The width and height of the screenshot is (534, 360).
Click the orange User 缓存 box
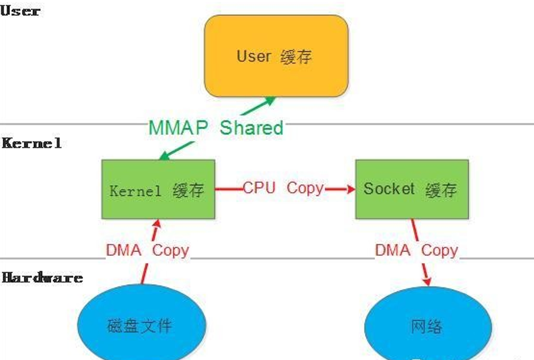click(x=276, y=56)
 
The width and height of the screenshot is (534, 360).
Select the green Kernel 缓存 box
click(x=158, y=190)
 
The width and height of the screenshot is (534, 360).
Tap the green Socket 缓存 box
click(x=412, y=190)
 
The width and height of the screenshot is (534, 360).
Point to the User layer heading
click(x=20, y=11)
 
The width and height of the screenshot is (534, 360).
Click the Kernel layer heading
click(x=32, y=143)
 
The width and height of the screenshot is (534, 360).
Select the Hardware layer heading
click(x=42, y=277)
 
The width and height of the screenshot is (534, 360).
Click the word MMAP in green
click(x=178, y=128)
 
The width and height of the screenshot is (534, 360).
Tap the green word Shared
click(x=252, y=128)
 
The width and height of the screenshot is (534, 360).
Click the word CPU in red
click(x=259, y=188)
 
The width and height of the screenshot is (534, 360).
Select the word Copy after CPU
click(x=305, y=188)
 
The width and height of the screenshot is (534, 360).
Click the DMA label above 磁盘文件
click(x=124, y=250)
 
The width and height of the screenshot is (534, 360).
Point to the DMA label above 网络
click(x=393, y=250)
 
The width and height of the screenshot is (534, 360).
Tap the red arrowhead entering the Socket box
click(x=350, y=189)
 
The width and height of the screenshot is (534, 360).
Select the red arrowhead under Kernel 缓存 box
click(x=156, y=224)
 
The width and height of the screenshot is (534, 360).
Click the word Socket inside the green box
click(x=389, y=189)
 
